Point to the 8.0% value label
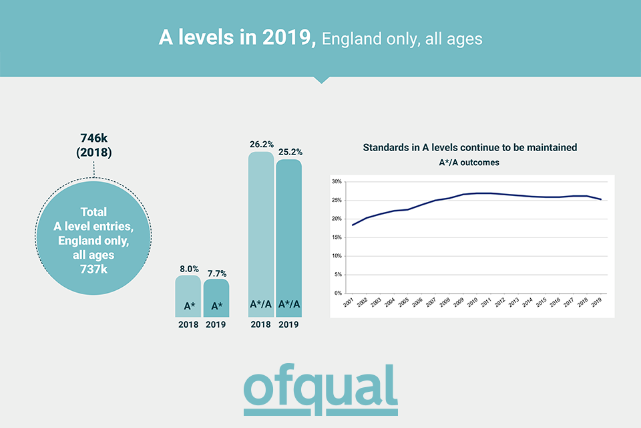188,268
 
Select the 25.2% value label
289,152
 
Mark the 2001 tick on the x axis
349,303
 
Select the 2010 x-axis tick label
473,303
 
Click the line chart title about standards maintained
469,147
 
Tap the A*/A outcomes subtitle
469,162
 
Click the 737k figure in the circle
93,269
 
